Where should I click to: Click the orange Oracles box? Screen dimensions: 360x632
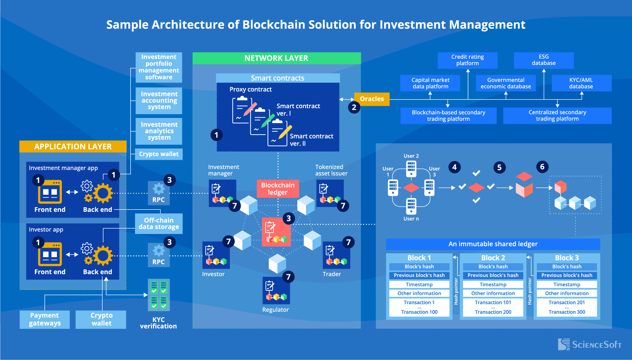[372, 99]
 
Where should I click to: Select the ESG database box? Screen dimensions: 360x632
[544, 60]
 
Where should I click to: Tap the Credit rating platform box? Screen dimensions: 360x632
[467, 60]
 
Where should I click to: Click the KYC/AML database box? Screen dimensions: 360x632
[581, 83]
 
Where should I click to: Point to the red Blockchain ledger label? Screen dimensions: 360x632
[278, 189]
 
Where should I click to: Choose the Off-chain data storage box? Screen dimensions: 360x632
[159, 223]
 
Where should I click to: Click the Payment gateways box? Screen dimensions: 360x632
[45, 319]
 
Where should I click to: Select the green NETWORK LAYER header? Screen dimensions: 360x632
[276, 58]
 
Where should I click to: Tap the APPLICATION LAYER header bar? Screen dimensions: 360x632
[73, 147]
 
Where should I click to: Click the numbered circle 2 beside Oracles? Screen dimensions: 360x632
[354, 107]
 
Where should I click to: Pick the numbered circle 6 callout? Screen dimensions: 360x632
[542, 167]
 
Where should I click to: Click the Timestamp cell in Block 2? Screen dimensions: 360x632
[493, 284]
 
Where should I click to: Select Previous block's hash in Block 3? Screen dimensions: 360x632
[566, 275]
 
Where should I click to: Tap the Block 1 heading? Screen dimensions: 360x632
[419, 258]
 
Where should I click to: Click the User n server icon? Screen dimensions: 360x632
[411, 206]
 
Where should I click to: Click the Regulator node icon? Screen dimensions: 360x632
[276, 291]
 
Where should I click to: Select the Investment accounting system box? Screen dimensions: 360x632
[159, 101]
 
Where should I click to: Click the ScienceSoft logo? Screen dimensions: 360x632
[589, 345]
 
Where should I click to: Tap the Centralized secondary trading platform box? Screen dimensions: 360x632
[557, 116]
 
